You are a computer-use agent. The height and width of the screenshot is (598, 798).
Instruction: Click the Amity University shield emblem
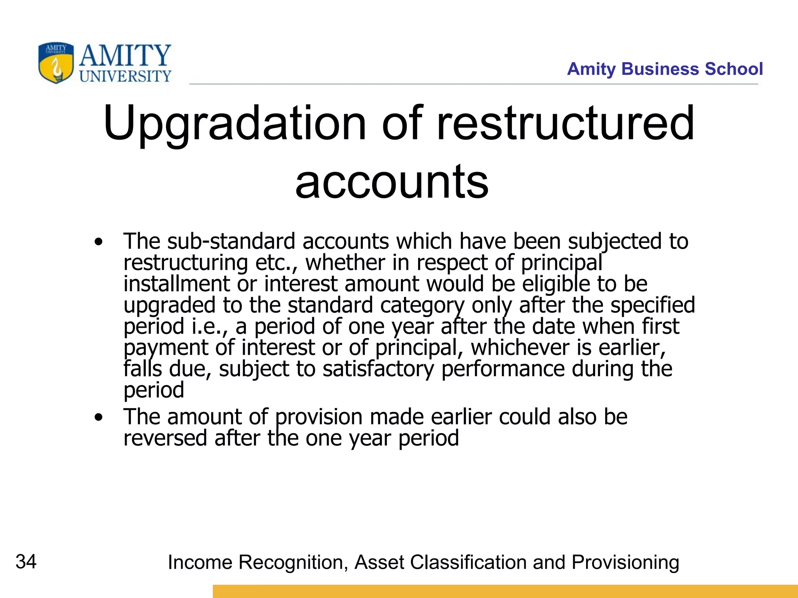tap(56, 63)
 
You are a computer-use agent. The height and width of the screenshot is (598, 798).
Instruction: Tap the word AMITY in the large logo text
tap(125, 55)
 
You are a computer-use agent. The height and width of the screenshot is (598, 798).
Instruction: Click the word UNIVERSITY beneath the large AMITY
tap(125, 76)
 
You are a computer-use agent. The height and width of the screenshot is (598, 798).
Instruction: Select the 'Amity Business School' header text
tap(665, 69)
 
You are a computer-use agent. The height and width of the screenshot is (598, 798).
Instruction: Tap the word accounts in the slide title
tap(392, 181)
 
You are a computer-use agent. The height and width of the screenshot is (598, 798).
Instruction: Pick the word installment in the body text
tap(177, 284)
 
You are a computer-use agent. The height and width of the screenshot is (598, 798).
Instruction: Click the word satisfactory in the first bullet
tap(378, 369)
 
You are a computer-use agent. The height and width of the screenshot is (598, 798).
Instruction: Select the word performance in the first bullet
tap(503, 369)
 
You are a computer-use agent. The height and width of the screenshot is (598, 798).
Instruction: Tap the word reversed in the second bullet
tap(165, 438)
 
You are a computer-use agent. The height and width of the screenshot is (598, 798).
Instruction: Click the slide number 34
tap(26, 562)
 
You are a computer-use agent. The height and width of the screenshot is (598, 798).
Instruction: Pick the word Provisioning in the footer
tap(625, 563)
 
